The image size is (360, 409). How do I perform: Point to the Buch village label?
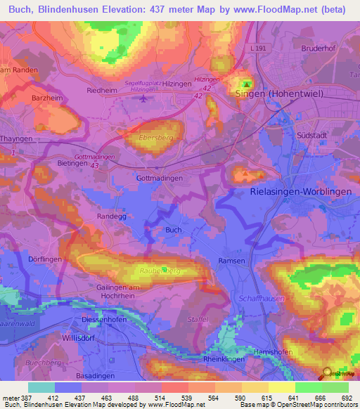(173, 230)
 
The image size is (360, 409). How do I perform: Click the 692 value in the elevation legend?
(346, 398)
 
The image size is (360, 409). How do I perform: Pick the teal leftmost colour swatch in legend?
(41, 387)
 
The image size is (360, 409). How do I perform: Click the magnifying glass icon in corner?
(328, 374)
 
